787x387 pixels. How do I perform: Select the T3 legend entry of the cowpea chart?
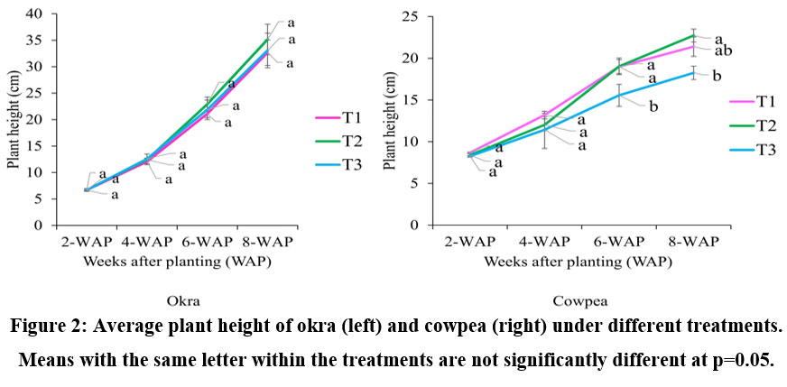(x=755, y=149)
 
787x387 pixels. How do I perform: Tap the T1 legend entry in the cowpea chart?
(x=755, y=99)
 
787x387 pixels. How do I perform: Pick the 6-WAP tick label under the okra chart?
(x=208, y=243)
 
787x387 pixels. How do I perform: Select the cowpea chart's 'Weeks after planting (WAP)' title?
(x=578, y=262)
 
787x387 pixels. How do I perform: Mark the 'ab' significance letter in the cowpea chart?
(x=722, y=51)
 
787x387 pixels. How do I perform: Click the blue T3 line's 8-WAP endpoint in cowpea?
(x=693, y=72)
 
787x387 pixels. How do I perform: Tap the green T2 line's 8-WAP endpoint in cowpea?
(x=693, y=36)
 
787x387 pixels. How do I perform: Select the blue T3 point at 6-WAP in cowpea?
(x=619, y=95)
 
